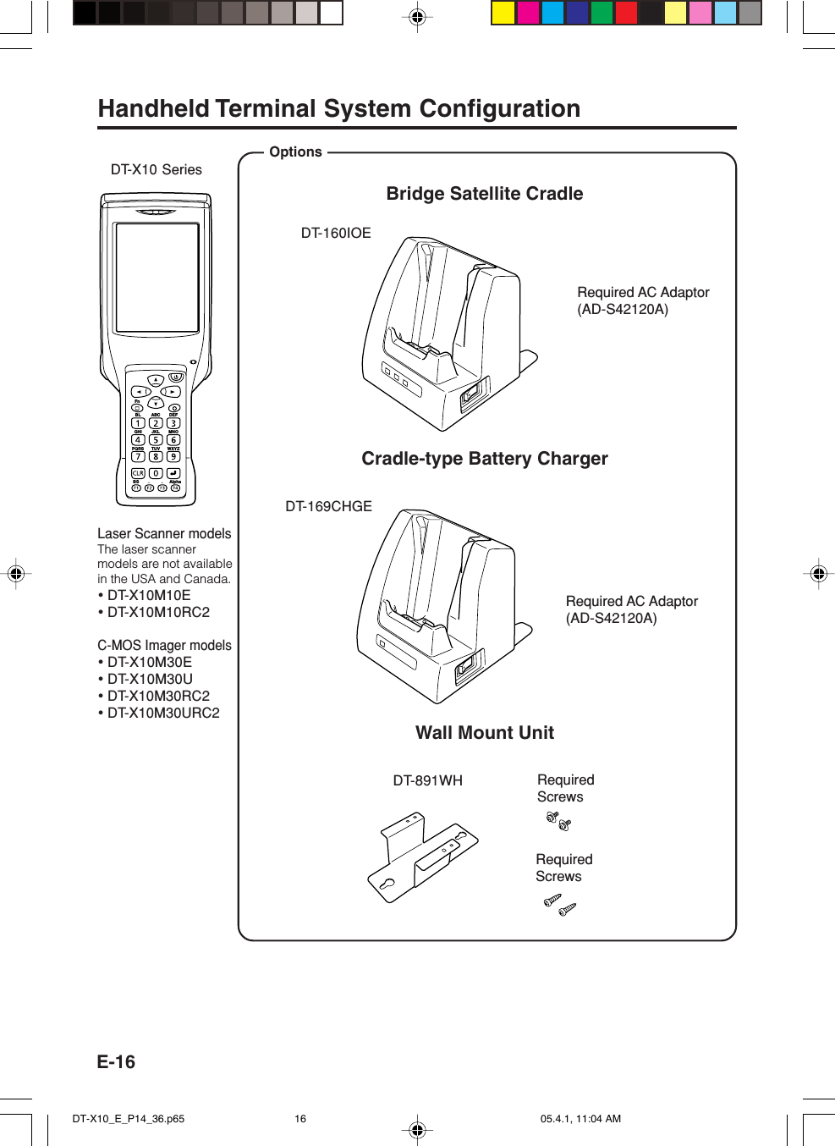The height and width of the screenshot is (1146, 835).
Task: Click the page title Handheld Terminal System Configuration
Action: pyautogui.click(x=338, y=109)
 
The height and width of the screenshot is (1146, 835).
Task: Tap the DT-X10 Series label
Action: pyautogui.click(x=157, y=169)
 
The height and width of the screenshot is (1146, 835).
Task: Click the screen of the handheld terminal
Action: pyautogui.click(x=157, y=277)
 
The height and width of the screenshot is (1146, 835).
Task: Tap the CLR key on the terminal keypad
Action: pyautogui.click(x=138, y=473)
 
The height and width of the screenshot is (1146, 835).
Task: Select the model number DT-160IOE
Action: pyautogui.click(x=336, y=233)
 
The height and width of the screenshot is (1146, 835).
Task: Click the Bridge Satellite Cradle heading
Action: pyautogui.click(x=484, y=194)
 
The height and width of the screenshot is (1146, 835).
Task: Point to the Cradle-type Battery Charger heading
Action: pyautogui.click(x=484, y=459)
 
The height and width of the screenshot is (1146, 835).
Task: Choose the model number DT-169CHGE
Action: pyautogui.click(x=328, y=506)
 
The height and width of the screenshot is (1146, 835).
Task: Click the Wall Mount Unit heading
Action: pyautogui.click(x=484, y=733)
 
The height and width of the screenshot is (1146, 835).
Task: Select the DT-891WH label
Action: pyautogui.click(x=427, y=780)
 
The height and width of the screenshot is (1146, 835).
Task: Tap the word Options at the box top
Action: pyautogui.click(x=295, y=152)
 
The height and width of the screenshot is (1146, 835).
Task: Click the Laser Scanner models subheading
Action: pyautogui.click(x=164, y=533)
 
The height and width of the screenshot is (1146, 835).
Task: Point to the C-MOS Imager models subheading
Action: pyautogui.click(x=164, y=645)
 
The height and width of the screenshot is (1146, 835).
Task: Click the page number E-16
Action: pyautogui.click(x=116, y=1062)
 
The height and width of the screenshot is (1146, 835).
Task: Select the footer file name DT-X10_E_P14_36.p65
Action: pyautogui.click(x=129, y=1118)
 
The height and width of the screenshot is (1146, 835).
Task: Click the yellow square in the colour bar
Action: pyautogui.click(x=503, y=13)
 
